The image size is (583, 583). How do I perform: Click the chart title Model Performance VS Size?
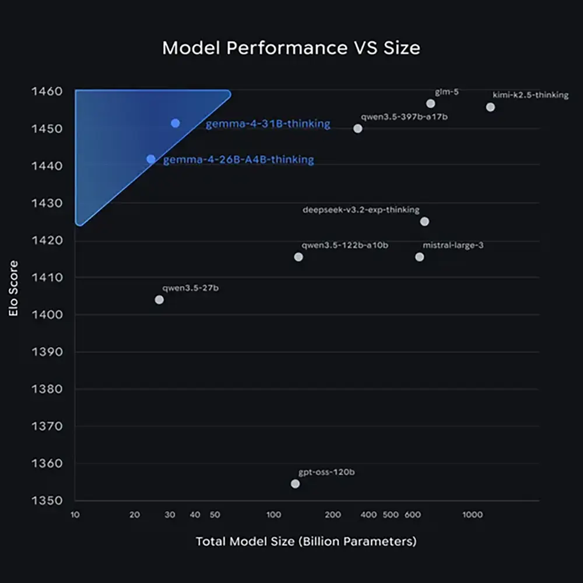coord(291,48)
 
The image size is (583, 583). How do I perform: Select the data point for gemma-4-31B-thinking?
coord(175,123)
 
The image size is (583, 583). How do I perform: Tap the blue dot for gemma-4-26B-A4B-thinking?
coord(151,159)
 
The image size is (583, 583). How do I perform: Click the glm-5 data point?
coord(430,104)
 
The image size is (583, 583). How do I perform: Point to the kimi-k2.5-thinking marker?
coord(490,107)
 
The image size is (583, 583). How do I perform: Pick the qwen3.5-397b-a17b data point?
coord(358,128)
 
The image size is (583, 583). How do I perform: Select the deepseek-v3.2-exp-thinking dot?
coord(424,222)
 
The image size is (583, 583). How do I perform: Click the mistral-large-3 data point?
coord(419,257)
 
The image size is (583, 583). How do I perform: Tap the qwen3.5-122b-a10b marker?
coord(298,257)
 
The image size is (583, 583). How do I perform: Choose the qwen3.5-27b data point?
coord(159,300)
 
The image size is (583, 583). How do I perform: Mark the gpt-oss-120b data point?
coord(295,484)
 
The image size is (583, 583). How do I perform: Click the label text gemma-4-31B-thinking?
coord(268,124)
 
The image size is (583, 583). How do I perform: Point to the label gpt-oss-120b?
coord(326,472)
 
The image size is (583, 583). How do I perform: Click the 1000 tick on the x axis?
coord(472,515)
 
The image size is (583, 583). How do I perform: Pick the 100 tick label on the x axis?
coord(273,515)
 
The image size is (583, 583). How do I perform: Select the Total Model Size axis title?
coord(306,542)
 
